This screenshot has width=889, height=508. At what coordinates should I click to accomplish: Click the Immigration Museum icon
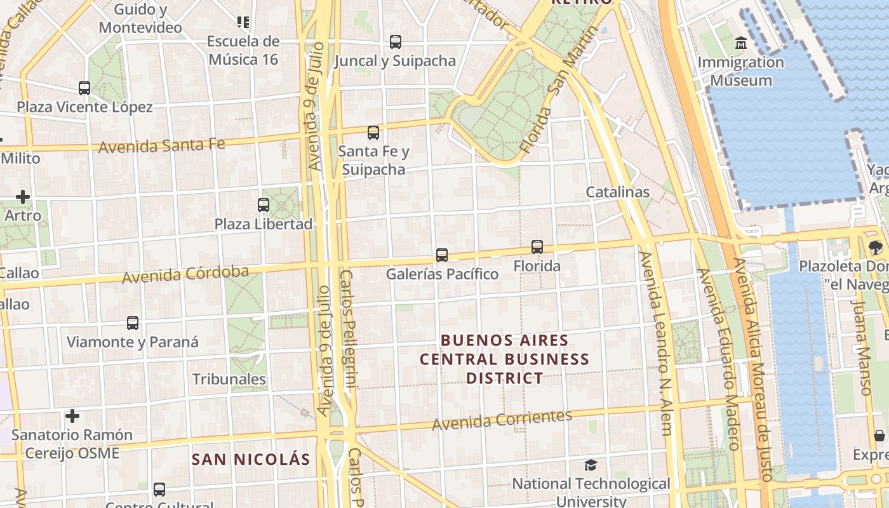click(740, 43)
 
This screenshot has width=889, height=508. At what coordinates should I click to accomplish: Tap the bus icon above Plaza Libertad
click(264, 204)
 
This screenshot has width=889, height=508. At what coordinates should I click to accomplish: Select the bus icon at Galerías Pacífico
click(442, 255)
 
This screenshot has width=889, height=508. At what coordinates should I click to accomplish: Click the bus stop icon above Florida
click(537, 246)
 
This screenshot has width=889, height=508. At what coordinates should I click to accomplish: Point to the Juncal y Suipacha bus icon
click(396, 42)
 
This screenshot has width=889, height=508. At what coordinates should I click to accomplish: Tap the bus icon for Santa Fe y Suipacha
click(373, 133)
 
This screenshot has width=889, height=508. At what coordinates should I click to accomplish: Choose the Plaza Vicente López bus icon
click(84, 88)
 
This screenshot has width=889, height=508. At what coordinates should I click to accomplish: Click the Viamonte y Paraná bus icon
click(133, 323)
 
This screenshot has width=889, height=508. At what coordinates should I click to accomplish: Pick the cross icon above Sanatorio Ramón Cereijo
click(72, 416)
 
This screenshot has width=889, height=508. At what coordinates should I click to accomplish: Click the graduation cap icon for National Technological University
click(591, 465)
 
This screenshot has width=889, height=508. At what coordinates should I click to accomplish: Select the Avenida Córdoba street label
click(185, 274)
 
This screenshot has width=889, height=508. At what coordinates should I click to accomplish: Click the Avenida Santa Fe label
click(162, 145)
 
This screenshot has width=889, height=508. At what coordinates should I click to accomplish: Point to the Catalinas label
click(617, 192)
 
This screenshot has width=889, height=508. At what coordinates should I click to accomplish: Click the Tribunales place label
click(229, 379)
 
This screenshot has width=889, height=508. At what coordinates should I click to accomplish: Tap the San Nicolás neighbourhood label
click(251, 459)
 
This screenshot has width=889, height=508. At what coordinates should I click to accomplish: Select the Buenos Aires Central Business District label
click(505, 359)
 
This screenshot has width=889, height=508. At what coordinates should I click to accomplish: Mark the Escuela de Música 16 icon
click(243, 22)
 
